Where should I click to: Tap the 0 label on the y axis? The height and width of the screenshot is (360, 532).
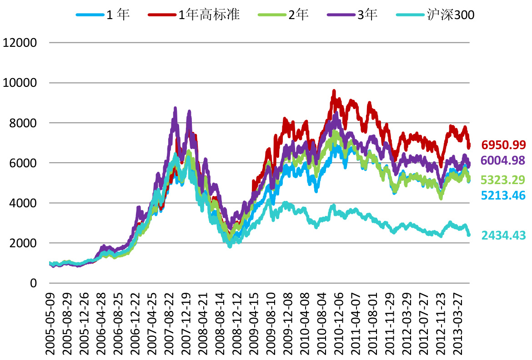33,283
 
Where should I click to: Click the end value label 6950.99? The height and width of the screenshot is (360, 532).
503,145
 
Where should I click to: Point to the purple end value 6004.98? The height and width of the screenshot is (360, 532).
503,160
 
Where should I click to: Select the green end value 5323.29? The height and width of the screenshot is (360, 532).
503,180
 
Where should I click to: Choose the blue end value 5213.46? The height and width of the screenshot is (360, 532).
503,196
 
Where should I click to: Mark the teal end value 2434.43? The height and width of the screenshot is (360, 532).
503,235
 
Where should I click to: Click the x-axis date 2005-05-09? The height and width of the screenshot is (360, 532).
50,323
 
